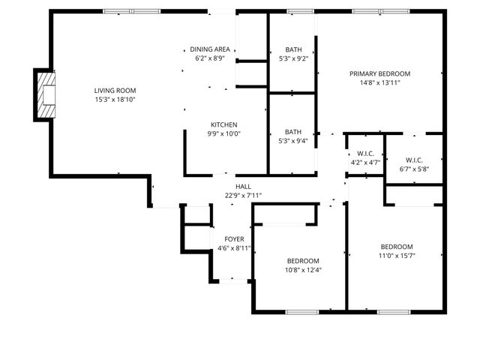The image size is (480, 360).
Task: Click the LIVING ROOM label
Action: (115, 91)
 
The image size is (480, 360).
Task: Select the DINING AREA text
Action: (210, 48)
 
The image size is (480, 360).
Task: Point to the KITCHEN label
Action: (223, 124)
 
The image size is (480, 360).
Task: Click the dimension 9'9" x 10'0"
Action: (223, 133)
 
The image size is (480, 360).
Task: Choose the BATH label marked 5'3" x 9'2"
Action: (293, 49)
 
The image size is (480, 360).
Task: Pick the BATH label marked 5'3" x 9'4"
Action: (293, 132)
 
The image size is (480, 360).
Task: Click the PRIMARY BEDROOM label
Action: (380, 73)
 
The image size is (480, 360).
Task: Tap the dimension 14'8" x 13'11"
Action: (380, 82)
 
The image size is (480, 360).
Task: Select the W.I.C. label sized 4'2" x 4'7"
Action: (365, 153)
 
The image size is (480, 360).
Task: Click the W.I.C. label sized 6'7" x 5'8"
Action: (414, 160)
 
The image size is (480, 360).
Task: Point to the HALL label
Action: (243, 187)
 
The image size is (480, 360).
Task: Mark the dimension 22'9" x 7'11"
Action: (243, 196)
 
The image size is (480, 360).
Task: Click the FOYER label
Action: (234, 239)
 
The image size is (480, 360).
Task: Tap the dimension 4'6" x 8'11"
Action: (234, 248)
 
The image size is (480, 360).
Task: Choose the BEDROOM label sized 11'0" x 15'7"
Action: (397, 247)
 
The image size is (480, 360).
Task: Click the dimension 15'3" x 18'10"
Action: (115, 100)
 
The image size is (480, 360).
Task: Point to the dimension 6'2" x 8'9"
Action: (210, 57)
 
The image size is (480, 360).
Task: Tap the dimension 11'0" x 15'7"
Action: (397, 256)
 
